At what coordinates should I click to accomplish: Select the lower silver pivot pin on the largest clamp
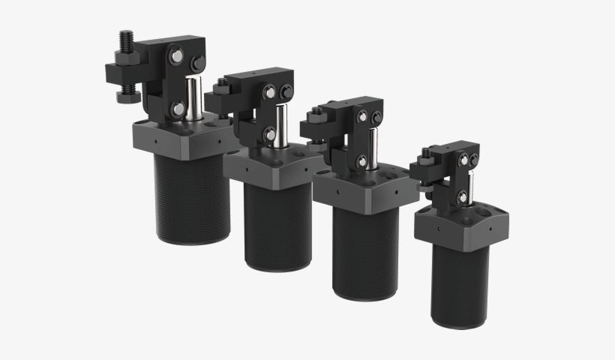[178, 109]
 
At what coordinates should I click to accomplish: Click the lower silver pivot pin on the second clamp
[268, 134]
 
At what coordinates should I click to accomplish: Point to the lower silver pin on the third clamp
[361, 160]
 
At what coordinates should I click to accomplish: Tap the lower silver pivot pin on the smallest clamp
[463, 197]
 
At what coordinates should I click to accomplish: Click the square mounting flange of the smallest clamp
[459, 225]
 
